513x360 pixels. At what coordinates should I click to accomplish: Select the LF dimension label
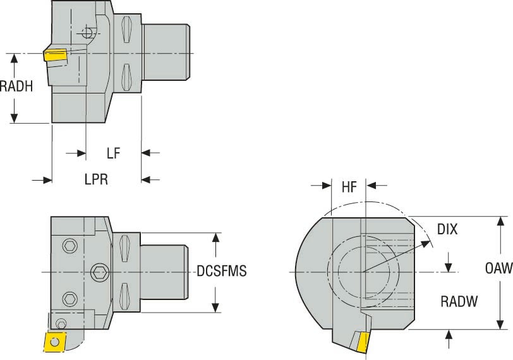tap(113, 153)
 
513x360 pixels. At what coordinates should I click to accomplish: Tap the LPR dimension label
tap(96, 179)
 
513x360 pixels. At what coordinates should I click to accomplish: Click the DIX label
tap(447, 229)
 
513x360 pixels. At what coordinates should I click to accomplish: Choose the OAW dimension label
tap(498, 269)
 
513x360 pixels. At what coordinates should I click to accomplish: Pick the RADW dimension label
tap(459, 302)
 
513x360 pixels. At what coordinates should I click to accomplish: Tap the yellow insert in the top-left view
tap(55, 56)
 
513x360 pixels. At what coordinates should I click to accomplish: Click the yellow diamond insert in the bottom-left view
tap(55, 342)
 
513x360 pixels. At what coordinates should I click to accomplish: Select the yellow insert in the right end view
tap(362, 342)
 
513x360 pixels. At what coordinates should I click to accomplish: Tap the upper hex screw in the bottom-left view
tap(68, 245)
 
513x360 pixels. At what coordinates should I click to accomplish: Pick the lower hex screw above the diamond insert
tap(68, 297)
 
